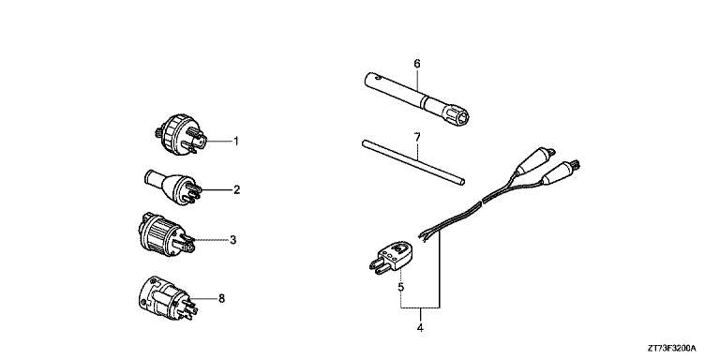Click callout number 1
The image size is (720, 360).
pyautogui.click(x=236, y=142)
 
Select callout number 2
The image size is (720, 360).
pyautogui.click(x=236, y=189)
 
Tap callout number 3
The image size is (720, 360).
pyautogui.click(x=232, y=240)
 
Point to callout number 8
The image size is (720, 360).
pyautogui.click(x=221, y=299)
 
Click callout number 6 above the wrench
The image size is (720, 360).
pyautogui.click(x=416, y=64)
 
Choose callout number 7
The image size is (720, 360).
pyautogui.click(x=416, y=138)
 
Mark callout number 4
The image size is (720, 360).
pyautogui.click(x=420, y=327)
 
